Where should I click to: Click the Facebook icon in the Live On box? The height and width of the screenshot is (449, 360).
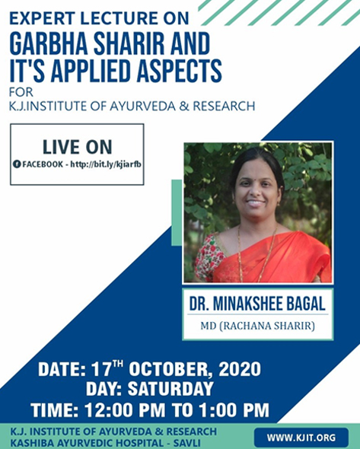click(17, 164)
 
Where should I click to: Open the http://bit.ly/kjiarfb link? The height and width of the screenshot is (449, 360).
click(106, 164)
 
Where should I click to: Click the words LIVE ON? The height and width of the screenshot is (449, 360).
click(77, 147)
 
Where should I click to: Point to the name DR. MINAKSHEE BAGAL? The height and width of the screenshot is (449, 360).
click(257, 304)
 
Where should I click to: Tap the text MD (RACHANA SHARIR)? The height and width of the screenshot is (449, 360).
click(257, 326)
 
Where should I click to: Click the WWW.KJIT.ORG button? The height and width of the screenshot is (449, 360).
click(301, 438)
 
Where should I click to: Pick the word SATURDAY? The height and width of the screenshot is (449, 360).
click(170, 389)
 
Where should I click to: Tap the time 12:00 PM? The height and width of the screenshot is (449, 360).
click(125, 409)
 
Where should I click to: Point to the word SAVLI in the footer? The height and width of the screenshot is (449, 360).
click(190, 443)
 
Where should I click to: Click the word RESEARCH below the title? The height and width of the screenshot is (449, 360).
click(224, 106)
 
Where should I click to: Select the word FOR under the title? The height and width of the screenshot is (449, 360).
click(21, 93)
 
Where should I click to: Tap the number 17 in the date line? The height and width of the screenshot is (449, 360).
click(101, 369)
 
